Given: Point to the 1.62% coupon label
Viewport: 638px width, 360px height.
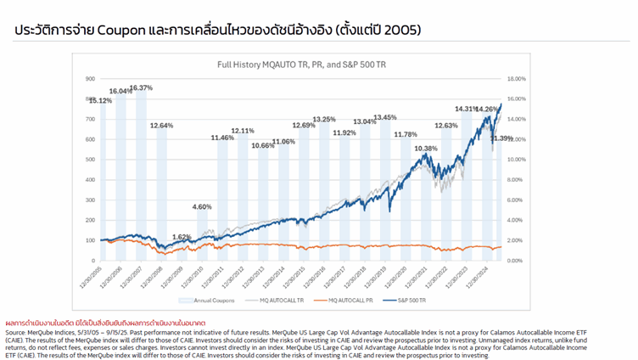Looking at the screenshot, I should click(182, 237).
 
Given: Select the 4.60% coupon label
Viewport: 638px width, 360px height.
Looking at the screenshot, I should click(202, 207).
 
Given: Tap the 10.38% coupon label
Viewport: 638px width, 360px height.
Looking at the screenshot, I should click(426, 149).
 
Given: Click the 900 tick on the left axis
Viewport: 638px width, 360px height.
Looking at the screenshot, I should click(89, 79).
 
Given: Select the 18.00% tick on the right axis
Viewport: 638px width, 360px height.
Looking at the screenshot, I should click(518, 79).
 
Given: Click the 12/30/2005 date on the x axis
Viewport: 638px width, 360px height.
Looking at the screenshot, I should click(90, 274).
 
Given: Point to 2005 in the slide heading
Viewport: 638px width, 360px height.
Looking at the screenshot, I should click(401, 31).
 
